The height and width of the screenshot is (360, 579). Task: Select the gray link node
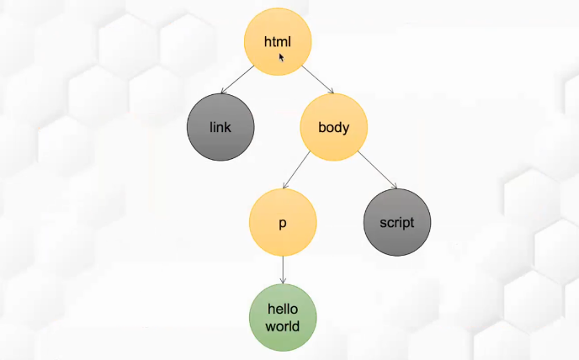pyautogui.click(x=220, y=128)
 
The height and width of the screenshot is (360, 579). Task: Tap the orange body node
pyautogui.click(x=333, y=128)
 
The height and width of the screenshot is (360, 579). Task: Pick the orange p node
pyautogui.click(x=282, y=223)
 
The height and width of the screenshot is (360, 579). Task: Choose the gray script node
pyautogui.click(x=396, y=223)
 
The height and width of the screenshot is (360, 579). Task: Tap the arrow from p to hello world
pyautogui.click(x=282, y=270)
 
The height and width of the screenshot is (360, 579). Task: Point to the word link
pyautogui.click(x=220, y=128)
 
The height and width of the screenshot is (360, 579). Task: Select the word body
pyautogui.click(x=333, y=128)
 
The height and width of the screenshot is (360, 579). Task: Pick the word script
pyautogui.click(x=396, y=223)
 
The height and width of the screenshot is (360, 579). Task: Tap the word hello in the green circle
pyautogui.click(x=282, y=309)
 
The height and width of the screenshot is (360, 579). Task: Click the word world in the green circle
pyautogui.click(x=282, y=326)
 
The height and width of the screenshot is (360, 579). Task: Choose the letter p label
pyautogui.click(x=282, y=225)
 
